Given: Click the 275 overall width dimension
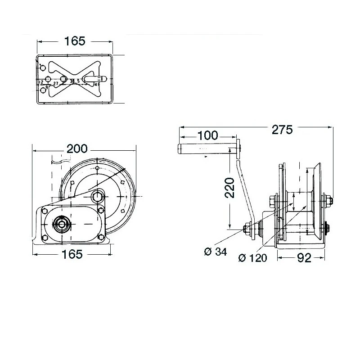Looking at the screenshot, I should pos(283,130).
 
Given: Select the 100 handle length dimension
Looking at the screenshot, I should pos(207,135).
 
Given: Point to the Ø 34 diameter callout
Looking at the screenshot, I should pos(215,252).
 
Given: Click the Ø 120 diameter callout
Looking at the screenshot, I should pos(252,258).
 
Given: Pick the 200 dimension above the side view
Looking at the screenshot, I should pos(77,149).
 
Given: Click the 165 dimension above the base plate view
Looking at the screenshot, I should pos(75,41).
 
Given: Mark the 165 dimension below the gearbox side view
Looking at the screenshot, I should pos(72,254).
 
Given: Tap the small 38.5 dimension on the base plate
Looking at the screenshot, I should pos(75,81).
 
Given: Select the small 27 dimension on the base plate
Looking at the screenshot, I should pos(56,84).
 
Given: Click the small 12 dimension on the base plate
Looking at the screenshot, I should pos(41,82).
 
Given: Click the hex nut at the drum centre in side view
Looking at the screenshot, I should pos(97,196).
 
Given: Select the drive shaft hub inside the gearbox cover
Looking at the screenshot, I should pos(61,224).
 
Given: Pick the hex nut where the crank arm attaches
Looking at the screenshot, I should pos(247,229).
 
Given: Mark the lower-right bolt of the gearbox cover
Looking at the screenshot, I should pos(101,237).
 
